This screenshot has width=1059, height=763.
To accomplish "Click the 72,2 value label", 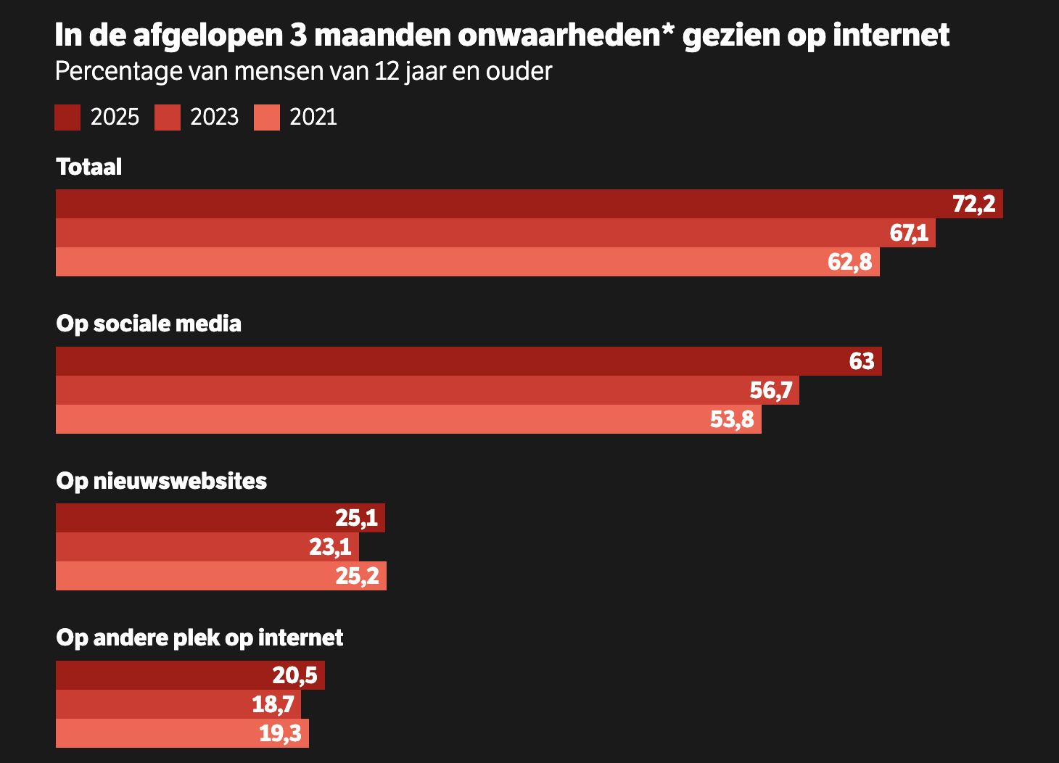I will (x=973, y=204).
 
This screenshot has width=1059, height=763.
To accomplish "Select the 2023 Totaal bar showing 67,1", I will (x=495, y=233).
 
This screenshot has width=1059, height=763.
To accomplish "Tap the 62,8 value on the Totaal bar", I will (x=849, y=262).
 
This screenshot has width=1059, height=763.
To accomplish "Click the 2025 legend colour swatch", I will (x=67, y=117).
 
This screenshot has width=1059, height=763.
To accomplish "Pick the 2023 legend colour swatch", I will (x=168, y=117).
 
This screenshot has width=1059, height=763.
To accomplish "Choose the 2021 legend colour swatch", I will (x=267, y=117).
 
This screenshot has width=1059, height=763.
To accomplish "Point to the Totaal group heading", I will (x=89, y=167).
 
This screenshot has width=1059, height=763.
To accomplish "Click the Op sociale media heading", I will (x=149, y=323).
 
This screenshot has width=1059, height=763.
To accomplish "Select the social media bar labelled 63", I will (x=469, y=361).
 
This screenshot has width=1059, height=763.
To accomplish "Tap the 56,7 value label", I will (x=771, y=390).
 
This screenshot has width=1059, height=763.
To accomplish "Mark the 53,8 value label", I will (x=732, y=419).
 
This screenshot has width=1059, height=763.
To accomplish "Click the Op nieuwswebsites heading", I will (x=162, y=481).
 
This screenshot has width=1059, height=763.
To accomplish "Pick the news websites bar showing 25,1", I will (x=221, y=518).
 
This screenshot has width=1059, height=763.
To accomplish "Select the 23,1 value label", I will (x=330, y=547).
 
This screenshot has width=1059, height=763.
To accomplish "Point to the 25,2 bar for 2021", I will (x=221, y=576).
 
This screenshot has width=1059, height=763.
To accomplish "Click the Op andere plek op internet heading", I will (x=199, y=638).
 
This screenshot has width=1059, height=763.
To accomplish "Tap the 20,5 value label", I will (x=294, y=675).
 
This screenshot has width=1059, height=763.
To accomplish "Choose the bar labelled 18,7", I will (x=178, y=704).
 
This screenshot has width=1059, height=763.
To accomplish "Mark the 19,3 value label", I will (x=280, y=733).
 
